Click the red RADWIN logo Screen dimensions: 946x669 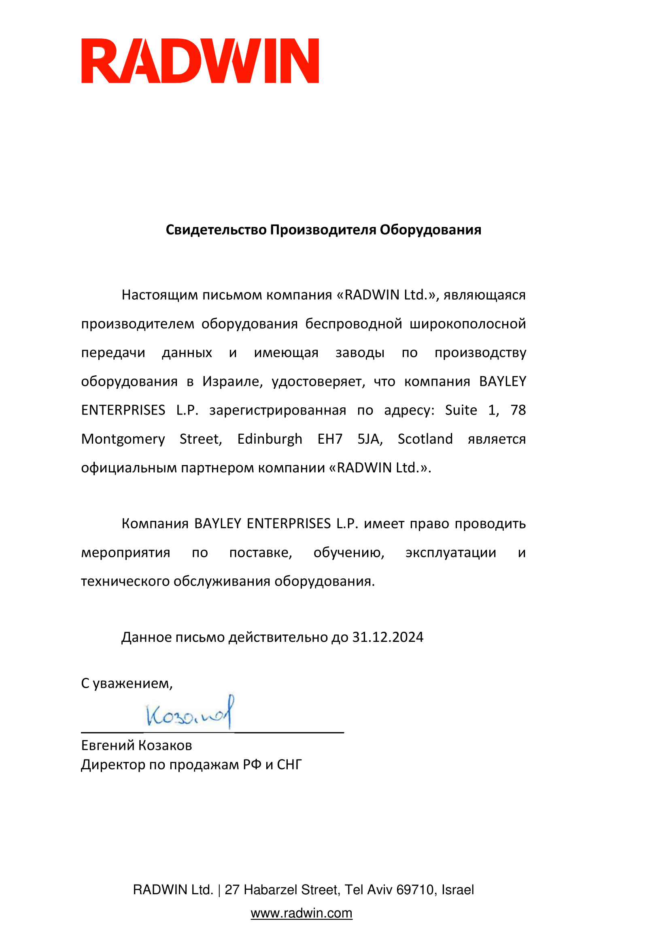click(200, 61)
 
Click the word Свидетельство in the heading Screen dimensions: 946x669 click(216, 230)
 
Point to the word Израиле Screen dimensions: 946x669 click(231, 381)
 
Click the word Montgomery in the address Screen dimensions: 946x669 click(123, 439)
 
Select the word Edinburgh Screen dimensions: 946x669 click(270, 439)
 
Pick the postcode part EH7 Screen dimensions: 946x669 click(330, 439)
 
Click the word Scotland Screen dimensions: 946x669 click(425, 439)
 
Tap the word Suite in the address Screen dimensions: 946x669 click(461, 411)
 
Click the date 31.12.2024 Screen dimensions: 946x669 click(387, 637)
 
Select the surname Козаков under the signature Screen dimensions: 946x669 click(165, 745)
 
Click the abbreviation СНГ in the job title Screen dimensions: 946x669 click(289, 765)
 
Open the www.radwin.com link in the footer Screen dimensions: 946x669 click(302, 913)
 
